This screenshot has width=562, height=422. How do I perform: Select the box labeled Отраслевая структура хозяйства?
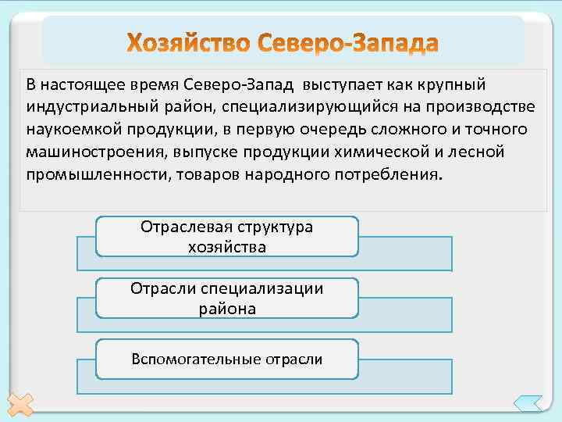tap(226, 236)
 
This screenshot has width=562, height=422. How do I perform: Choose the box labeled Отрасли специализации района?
tap(226, 298)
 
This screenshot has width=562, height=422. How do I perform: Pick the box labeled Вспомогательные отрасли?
tap(226, 359)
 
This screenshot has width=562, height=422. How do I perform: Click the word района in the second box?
tap(226, 309)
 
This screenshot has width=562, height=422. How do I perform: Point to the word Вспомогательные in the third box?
tap(186, 359)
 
